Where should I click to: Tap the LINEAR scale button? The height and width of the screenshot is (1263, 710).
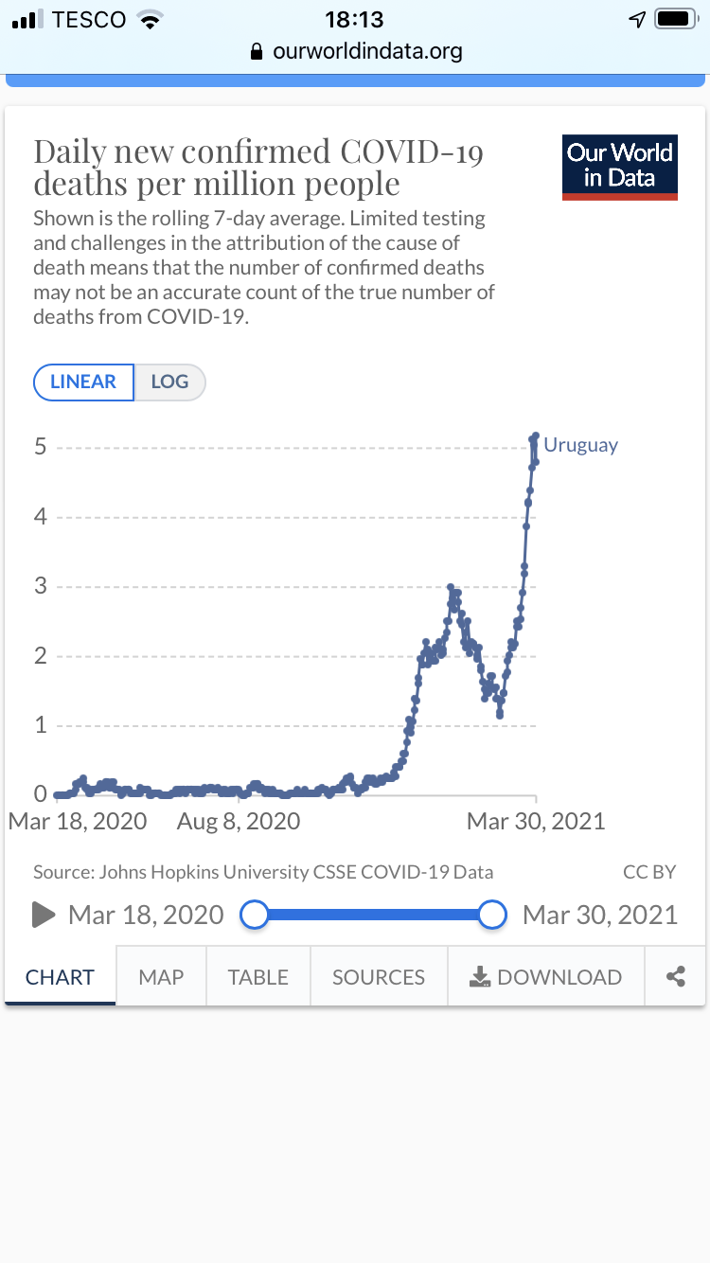coord(83,382)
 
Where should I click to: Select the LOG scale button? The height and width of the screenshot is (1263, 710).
coord(169,382)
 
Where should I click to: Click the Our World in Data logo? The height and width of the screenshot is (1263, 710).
coord(620,167)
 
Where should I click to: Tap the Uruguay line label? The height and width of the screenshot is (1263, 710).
coord(580,445)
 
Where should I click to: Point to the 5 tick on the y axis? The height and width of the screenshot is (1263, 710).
coord(41,447)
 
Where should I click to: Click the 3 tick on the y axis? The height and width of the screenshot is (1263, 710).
coord(41,587)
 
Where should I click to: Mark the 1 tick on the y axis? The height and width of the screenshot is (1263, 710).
coord(41,726)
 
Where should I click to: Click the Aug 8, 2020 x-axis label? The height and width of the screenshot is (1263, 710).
coord(239,821)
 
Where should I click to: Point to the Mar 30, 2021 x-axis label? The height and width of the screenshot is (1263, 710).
coord(536,821)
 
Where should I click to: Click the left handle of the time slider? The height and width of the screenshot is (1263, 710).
coord(255,915)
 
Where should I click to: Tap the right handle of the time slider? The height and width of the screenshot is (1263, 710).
coord(492,915)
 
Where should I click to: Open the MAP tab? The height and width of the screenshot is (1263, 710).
coord(161,977)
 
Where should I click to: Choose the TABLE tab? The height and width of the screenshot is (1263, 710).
coord(257,977)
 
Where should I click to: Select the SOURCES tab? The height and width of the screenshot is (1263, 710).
coord(379,977)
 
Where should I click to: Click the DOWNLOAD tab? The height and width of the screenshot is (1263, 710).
coord(546,977)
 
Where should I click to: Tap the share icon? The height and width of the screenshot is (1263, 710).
coord(675,977)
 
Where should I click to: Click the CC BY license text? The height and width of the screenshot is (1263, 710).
coord(649,872)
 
